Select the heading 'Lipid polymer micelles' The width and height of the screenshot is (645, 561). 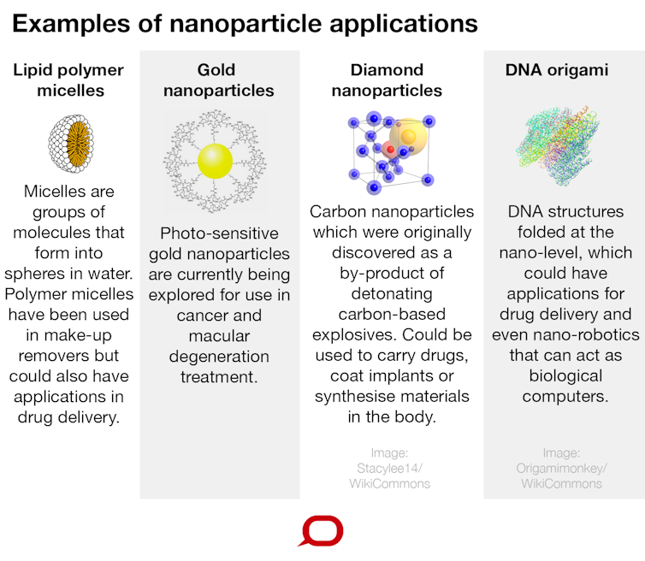click(68, 80)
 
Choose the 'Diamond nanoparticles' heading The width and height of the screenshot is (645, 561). click(387, 80)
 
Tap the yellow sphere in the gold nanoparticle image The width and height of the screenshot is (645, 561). click(215, 161)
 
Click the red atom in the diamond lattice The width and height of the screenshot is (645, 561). click(389, 151)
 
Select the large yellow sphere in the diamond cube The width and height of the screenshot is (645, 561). click(407, 137)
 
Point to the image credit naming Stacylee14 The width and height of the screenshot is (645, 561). click(390, 468)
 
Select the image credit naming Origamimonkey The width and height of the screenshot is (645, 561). click(560, 468)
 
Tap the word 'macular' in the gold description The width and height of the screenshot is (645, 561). click(219, 335)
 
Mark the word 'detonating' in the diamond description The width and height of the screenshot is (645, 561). click(390, 292)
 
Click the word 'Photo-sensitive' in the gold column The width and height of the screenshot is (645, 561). click(219, 233)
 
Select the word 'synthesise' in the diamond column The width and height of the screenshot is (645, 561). click(352, 396)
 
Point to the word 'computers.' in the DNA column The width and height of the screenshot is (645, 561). click(560, 396)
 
